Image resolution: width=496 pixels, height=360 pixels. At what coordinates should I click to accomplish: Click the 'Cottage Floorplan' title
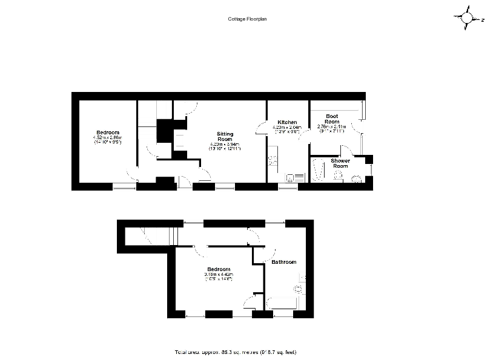247,19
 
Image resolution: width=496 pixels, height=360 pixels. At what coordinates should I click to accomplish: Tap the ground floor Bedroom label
107,133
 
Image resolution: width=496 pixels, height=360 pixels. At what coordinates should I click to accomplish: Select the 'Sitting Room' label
225,136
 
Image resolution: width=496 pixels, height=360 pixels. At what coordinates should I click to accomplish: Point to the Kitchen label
287,123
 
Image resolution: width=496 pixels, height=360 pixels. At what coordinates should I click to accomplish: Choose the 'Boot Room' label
331,119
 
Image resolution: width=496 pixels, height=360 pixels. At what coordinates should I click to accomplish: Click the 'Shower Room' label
340,163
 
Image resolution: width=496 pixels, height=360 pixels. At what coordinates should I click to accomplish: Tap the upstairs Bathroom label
283,262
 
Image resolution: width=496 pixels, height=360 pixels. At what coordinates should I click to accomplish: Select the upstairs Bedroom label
218,269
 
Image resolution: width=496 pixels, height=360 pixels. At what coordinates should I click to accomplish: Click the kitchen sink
294,177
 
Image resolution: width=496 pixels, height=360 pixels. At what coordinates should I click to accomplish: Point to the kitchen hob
272,160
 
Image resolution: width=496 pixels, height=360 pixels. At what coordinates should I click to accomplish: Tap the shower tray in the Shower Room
317,170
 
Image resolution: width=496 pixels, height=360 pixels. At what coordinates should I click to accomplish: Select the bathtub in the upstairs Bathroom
283,303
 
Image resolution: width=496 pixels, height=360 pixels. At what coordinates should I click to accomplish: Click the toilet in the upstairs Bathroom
299,288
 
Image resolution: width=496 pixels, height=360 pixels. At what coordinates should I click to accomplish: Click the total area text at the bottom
235,352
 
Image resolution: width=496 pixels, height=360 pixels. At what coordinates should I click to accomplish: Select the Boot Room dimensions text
331,129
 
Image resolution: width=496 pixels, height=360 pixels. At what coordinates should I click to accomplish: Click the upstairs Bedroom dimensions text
218,276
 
